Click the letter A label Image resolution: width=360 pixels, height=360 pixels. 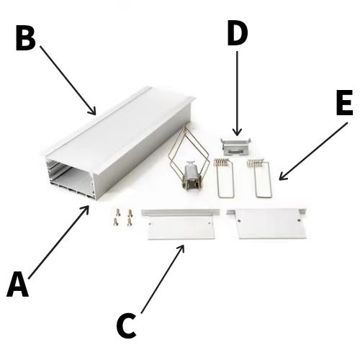tap(18, 284)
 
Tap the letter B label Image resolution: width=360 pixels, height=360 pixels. tap(25, 38)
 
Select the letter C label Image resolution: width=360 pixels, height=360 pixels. tap(126, 325)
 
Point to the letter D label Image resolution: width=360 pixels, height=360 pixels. tap(237, 32)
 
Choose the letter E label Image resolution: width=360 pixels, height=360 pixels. tap(344, 102)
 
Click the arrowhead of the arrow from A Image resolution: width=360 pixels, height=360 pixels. tap(86, 208)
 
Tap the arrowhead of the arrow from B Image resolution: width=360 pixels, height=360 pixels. tap(93, 112)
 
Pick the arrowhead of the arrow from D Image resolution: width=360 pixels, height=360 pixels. tap(237, 132)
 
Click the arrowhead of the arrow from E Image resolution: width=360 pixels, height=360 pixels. tap(282, 177)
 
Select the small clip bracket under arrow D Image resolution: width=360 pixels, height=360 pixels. tap(236, 145)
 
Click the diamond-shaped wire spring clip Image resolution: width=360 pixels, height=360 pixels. tap(188, 158)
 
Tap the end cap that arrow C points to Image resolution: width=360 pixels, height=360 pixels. tap(181, 225)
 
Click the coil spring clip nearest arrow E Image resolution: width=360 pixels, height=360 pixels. tap(261, 178)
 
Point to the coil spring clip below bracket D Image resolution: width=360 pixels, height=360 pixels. tap(225, 178)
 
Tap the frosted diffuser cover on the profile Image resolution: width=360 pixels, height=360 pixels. tap(120, 128)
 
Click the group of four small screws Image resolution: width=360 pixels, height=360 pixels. tap(123, 217)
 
